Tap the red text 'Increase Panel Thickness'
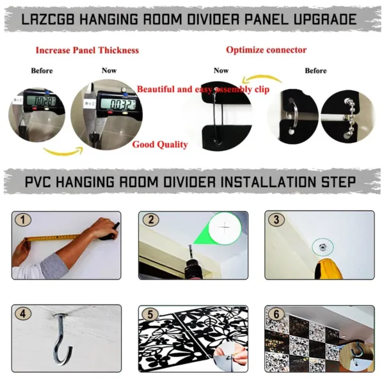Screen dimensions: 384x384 point(87,50)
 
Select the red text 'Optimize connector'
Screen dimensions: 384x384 point(266,50)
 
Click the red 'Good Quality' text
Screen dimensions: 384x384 point(160,145)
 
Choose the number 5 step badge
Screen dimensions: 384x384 point(151,314)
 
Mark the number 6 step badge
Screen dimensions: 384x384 point(277,314)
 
